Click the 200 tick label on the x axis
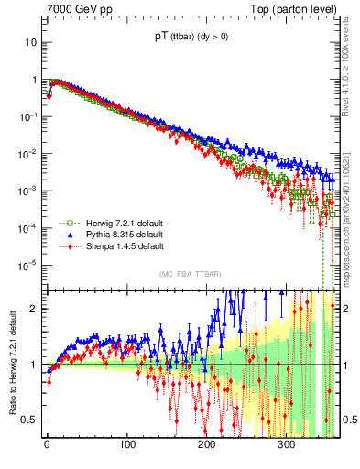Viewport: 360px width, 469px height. (x=206, y=445)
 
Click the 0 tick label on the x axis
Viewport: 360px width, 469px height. (x=46, y=445)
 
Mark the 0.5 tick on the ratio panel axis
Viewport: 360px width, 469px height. (x=32, y=420)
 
